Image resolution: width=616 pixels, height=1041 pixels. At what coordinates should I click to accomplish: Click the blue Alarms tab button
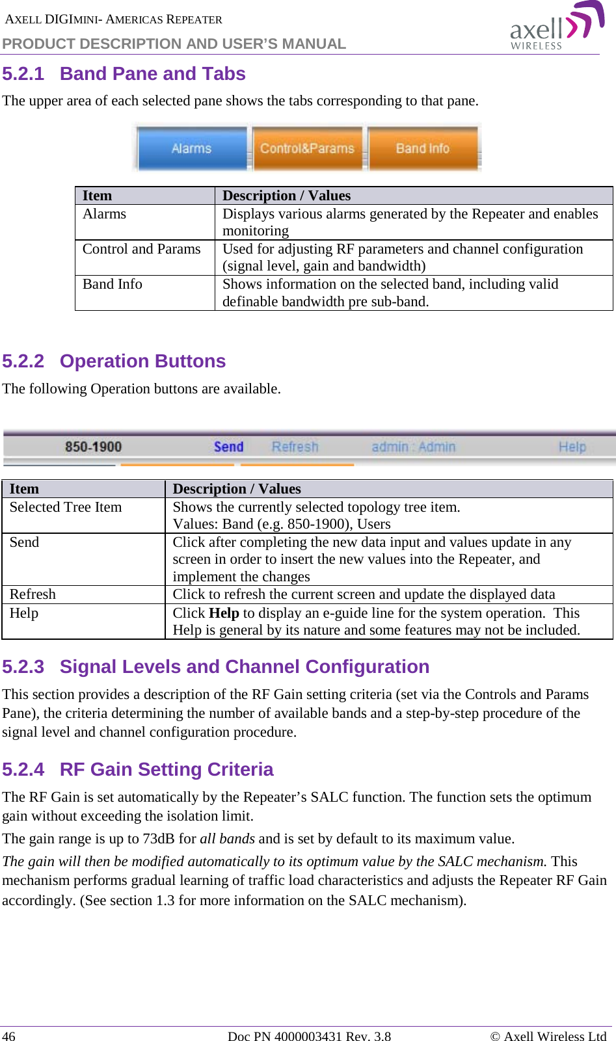coord(192,148)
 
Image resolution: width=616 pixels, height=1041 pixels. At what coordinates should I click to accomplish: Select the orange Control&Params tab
coord(307,148)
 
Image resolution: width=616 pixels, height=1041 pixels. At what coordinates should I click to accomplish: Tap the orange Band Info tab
coord(423,148)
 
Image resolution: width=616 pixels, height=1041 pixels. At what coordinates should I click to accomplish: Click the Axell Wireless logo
coord(556,27)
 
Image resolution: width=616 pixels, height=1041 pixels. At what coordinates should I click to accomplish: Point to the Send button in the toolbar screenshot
coord(228,447)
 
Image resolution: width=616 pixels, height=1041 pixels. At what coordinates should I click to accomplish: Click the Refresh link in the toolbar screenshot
coord(295,447)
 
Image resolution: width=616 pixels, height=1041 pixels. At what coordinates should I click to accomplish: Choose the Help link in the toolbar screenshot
coord(572,447)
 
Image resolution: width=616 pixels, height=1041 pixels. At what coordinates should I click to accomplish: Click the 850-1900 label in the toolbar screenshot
coord(93,447)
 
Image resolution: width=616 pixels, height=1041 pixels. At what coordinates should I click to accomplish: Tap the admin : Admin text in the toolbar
coord(414,447)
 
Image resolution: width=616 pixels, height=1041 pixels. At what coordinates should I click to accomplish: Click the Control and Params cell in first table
coord(142,249)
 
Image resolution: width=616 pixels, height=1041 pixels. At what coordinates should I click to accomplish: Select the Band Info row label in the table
coord(113,284)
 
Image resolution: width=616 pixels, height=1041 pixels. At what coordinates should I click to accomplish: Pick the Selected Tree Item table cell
coord(66,507)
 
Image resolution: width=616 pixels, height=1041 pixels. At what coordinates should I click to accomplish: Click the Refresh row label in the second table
coord(33,594)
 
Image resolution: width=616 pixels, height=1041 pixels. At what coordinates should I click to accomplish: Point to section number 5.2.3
coord(23,667)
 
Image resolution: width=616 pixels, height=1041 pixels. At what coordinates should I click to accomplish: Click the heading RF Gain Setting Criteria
coord(167,770)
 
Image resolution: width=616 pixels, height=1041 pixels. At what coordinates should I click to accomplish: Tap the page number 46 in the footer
coord(9,1036)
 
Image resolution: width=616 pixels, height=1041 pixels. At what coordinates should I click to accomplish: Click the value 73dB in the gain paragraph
coord(159,839)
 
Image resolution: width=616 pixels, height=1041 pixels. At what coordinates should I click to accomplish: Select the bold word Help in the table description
coord(224,613)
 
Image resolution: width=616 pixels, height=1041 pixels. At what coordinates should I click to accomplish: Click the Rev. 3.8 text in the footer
coord(368,1036)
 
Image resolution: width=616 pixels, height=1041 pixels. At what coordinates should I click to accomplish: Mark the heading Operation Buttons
coord(142,362)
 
